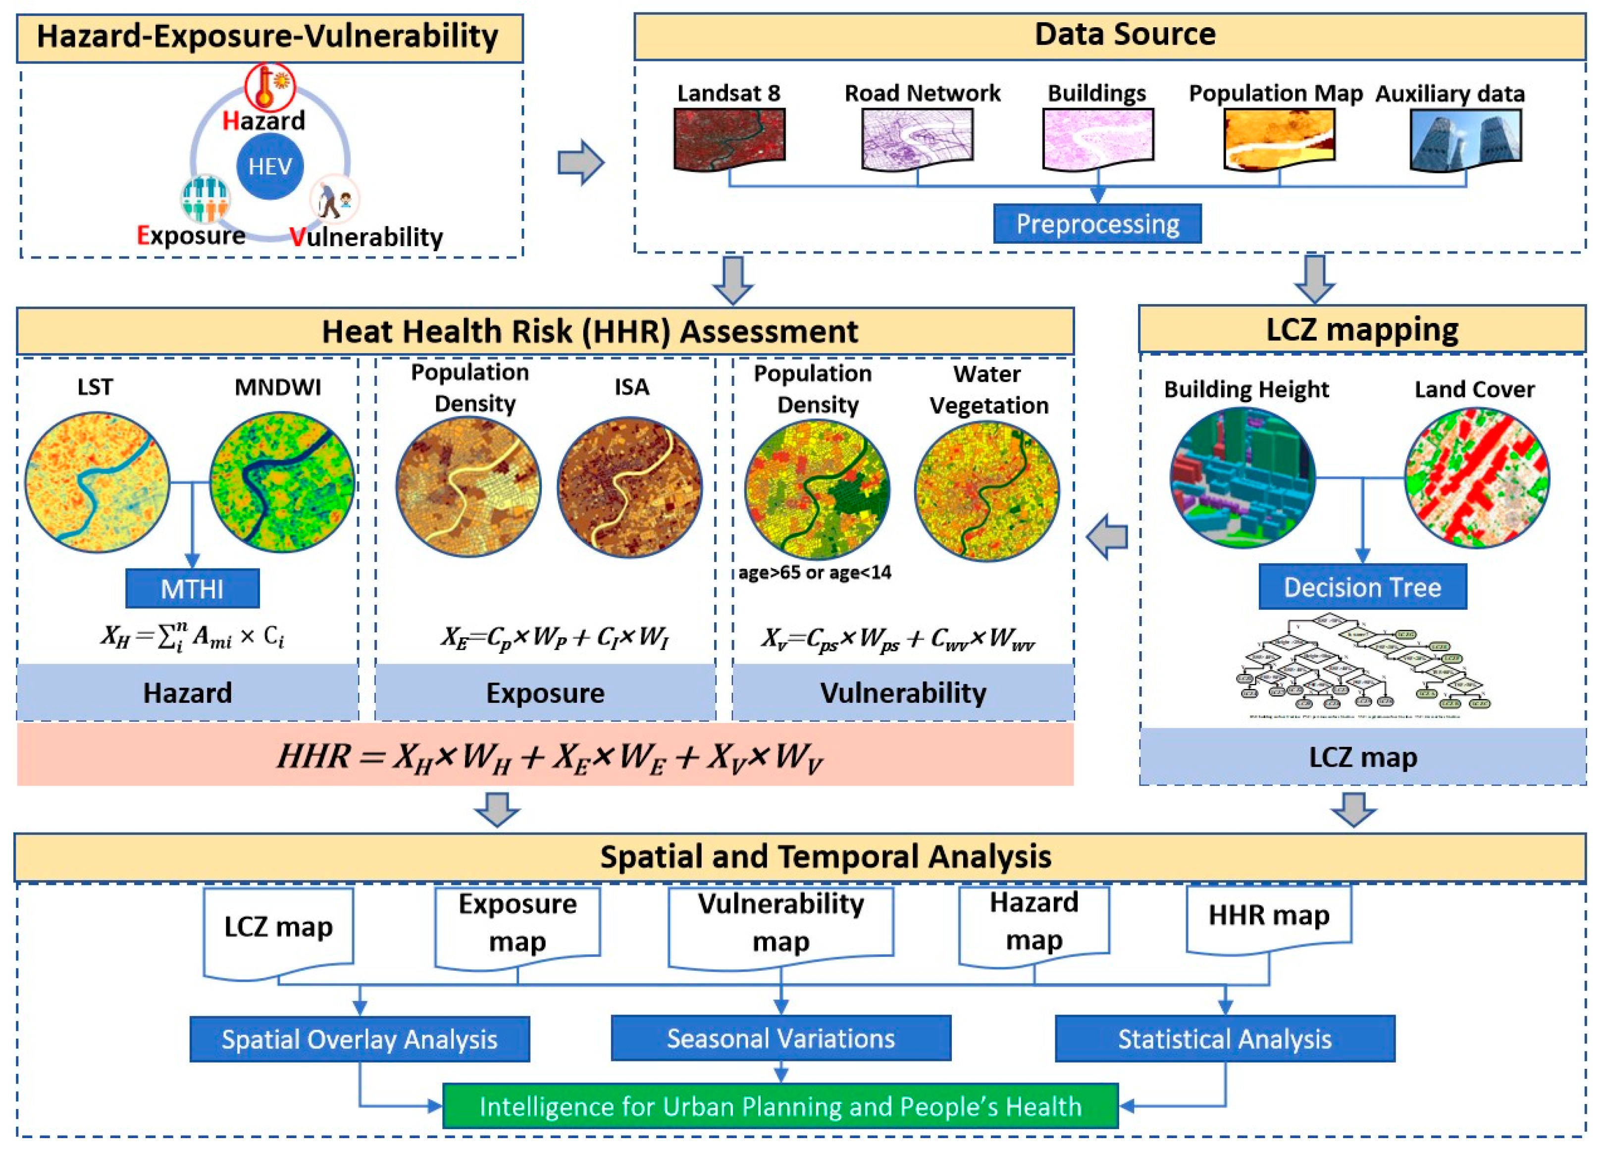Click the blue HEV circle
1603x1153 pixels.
tap(270, 167)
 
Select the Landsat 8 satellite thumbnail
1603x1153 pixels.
tap(728, 139)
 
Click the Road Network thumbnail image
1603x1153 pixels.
tap(917, 139)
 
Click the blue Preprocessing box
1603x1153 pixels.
tap(1097, 224)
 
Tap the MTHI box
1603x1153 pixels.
tap(192, 588)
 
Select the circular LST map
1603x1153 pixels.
tap(98, 482)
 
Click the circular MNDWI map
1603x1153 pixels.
tap(282, 482)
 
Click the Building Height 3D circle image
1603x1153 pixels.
tap(1242, 478)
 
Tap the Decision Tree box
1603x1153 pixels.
tap(1362, 587)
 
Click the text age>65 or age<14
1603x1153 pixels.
tap(814, 572)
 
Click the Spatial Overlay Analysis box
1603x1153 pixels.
tap(359, 1039)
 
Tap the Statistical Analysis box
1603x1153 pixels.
tap(1224, 1039)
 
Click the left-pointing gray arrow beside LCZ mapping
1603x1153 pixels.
tap(1107, 538)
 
